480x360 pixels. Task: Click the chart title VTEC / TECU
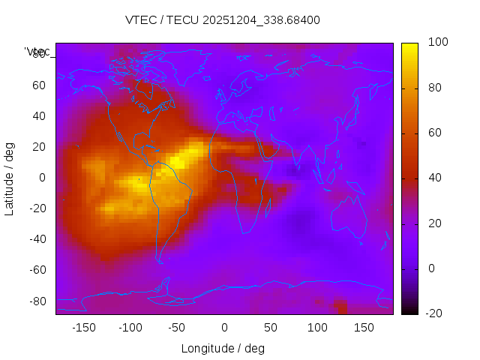tap(223, 20)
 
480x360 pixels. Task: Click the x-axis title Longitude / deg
tap(223, 348)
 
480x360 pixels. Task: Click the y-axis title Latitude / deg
tap(10, 178)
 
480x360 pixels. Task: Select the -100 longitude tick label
tap(130, 327)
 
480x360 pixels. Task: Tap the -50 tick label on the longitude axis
tap(177, 327)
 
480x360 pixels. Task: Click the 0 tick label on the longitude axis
tap(224, 327)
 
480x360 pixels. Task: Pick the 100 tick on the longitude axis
tap(317, 327)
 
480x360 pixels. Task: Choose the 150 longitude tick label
tap(364, 327)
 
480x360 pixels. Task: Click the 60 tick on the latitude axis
tap(39, 85)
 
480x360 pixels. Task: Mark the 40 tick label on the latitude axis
tap(39, 116)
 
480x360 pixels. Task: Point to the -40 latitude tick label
tap(37, 239)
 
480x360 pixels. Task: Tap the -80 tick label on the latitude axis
tap(37, 301)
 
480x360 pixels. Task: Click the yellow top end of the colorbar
tap(409, 46)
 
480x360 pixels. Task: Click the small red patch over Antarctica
tap(342, 307)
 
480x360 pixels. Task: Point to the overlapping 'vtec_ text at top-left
tap(37, 52)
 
